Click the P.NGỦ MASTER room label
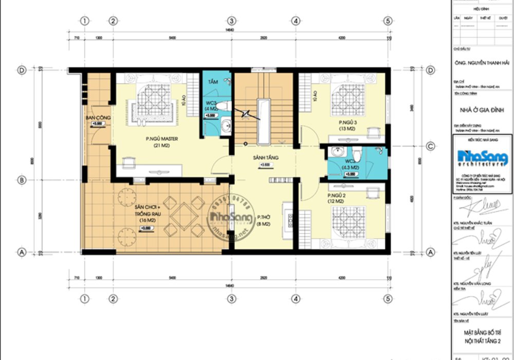(x=158, y=138)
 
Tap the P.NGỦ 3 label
(x=347, y=122)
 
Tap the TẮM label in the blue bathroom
(x=213, y=82)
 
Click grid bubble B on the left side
(x=22, y=180)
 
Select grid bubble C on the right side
(x=431, y=146)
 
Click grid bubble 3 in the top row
(x=232, y=21)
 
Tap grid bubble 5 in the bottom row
(x=388, y=299)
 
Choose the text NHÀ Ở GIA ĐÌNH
(x=482, y=110)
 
